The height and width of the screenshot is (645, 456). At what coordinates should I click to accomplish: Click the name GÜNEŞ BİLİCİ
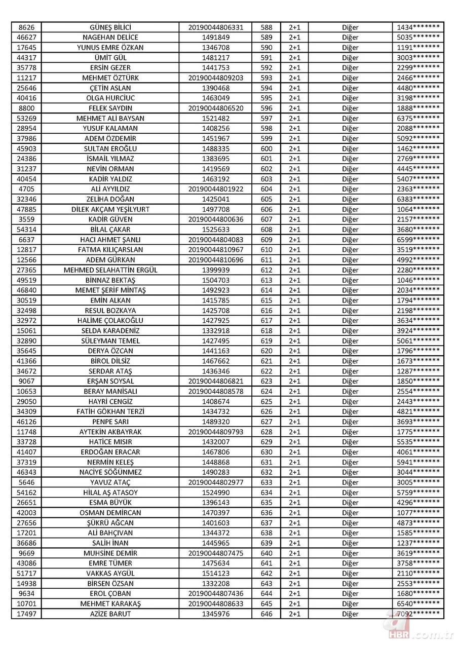coord(110,27)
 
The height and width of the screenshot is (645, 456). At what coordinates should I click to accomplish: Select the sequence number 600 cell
coord(266,149)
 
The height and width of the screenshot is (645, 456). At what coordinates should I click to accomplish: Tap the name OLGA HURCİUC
coord(110,98)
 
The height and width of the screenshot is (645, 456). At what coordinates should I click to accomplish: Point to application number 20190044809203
coord(216,78)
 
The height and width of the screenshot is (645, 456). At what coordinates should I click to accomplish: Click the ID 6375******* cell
coord(418,119)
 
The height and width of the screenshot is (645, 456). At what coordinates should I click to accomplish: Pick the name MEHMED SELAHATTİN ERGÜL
coord(110,270)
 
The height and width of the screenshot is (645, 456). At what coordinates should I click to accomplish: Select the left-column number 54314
coord(26,230)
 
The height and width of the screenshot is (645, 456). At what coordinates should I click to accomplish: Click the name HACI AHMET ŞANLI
coord(110,240)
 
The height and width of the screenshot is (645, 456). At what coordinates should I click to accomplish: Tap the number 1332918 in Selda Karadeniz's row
coord(216,331)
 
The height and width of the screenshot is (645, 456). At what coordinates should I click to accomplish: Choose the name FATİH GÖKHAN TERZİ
coord(110,412)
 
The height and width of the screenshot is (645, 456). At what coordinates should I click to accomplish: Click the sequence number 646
coord(266,614)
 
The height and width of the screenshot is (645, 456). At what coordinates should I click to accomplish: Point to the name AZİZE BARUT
coord(110,614)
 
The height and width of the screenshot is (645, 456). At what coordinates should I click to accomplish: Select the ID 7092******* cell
coord(418,614)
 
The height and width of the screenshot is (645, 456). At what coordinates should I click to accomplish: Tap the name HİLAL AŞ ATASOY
coord(110,492)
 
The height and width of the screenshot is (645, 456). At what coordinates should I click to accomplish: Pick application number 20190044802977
coord(216,482)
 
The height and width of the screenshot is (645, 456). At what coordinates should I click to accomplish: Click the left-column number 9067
coord(26,382)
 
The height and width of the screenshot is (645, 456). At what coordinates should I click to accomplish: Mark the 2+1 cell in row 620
coord(294,351)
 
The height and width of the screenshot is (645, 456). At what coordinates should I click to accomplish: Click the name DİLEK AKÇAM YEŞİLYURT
coord(110,209)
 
